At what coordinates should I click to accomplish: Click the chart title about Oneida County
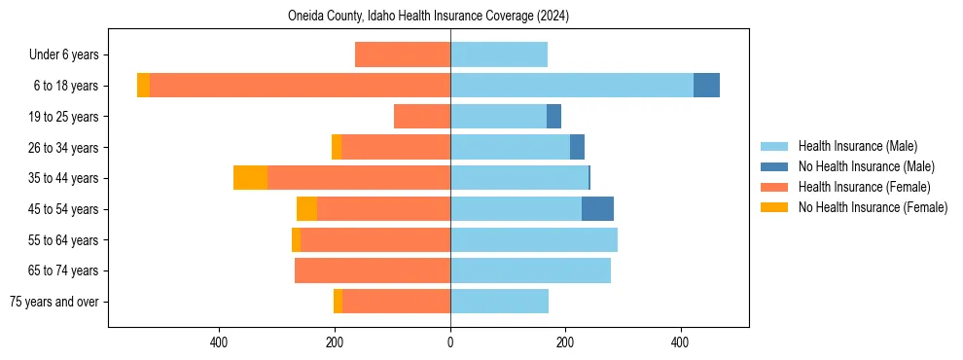pos(428,17)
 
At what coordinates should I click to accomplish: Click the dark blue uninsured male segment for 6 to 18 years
pos(706,86)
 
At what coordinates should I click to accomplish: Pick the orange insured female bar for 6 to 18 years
pos(300,86)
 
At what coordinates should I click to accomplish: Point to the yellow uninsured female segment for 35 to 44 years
pos(250,178)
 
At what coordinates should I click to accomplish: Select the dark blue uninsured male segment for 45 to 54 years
pos(597,209)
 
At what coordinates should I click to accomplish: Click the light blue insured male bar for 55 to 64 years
pos(533,239)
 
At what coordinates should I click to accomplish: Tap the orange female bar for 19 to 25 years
pos(422,117)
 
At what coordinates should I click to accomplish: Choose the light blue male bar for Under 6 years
pos(498,54)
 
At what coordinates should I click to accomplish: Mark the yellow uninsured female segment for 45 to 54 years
pos(306,209)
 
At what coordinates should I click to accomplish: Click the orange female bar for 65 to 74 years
pos(373,270)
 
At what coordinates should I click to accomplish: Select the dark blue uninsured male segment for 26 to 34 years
pos(577,147)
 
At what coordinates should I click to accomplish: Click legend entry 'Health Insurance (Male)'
pos(857,146)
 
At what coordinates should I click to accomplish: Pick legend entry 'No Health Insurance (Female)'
pos(873,207)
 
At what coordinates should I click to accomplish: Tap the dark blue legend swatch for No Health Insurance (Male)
pos(774,166)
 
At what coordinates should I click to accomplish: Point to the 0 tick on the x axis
pos(450,342)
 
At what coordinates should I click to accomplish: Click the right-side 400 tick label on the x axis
pos(680,342)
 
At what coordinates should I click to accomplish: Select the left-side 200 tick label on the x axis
pos(335,342)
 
